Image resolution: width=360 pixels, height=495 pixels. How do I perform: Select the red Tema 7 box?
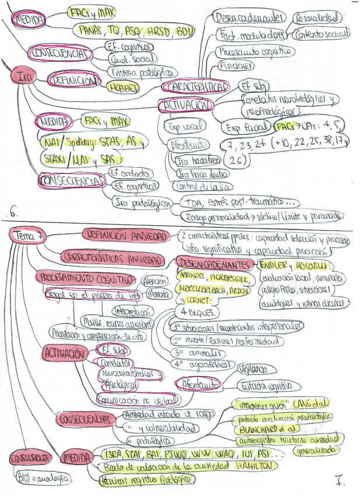[27, 235]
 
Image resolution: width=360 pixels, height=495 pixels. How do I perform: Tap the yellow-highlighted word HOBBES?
[123, 88]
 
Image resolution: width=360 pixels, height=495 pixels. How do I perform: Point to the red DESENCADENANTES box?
[215, 264]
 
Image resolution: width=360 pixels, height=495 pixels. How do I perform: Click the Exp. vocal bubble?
[184, 126]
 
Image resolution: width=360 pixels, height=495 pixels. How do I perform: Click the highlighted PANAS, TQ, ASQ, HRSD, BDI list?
[134, 29]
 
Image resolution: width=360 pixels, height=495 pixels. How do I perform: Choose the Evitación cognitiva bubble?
[268, 385]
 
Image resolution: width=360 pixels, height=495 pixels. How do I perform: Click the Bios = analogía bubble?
[42, 478]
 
